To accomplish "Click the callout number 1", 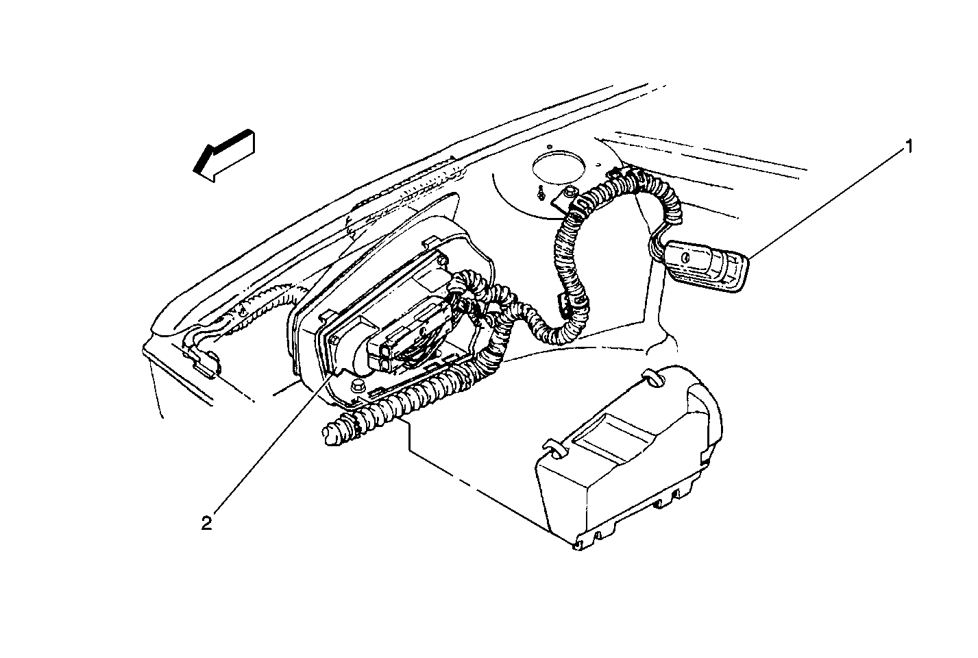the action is tap(909, 147).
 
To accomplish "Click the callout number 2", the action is tap(206, 523).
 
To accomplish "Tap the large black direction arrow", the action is tap(223, 155).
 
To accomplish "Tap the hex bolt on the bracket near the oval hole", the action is tap(569, 192).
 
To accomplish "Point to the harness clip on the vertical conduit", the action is tap(563, 301).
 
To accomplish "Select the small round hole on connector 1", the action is tap(684, 258).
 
